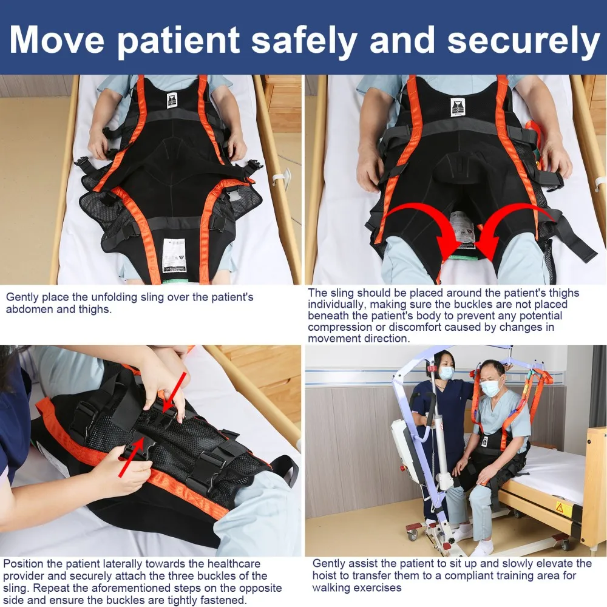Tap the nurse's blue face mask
(447, 373)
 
